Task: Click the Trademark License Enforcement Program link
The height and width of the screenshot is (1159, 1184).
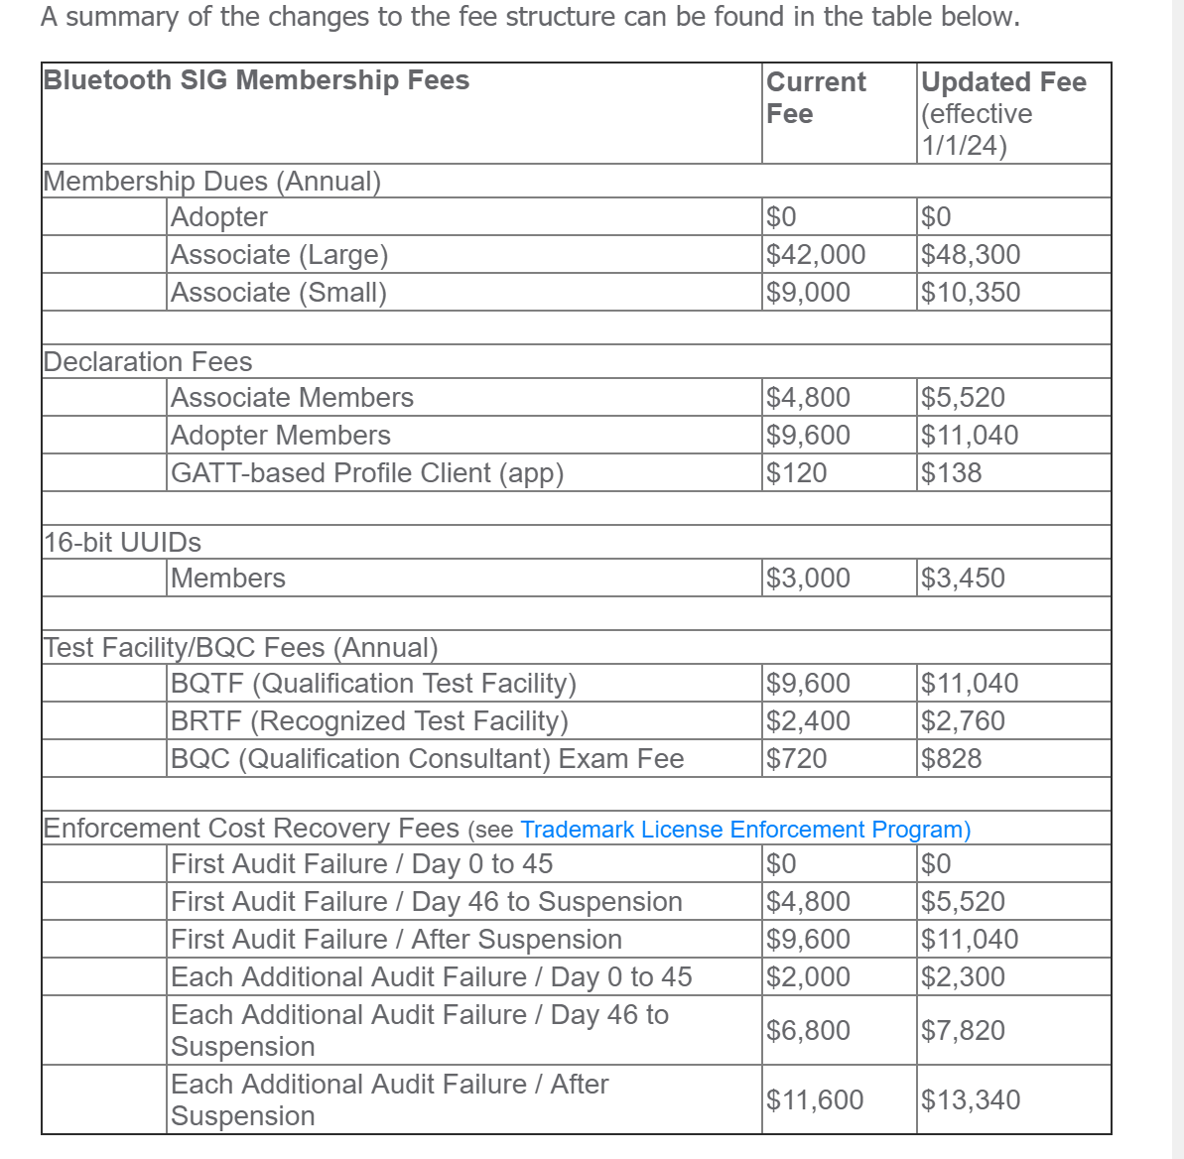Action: click(744, 830)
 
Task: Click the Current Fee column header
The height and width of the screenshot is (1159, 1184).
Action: click(816, 97)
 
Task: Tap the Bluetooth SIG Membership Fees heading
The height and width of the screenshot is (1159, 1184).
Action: click(256, 80)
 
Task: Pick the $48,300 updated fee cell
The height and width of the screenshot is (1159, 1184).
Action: click(971, 255)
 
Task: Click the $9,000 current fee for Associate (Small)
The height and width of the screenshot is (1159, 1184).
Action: click(808, 293)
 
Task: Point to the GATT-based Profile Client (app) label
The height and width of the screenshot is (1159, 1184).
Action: click(367, 473)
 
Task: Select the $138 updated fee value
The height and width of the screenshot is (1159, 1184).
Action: click(951, 473)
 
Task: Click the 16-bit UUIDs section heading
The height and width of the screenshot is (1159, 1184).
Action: click(122, 543)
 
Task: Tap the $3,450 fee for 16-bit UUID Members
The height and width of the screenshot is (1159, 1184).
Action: click(963, 579)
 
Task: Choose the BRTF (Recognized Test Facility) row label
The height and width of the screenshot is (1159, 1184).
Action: click(369, 721)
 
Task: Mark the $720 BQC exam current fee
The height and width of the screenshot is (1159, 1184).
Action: click(796, 759)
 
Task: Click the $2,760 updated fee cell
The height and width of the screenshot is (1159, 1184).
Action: click(963, 721)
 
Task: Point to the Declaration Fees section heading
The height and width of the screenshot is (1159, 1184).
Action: click(148, 362)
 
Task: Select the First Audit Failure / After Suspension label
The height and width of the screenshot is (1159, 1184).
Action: click(396, 940)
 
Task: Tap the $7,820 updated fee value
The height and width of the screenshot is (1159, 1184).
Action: click(963, 1031)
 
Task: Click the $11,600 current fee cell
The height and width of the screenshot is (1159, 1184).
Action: click(815, 1100)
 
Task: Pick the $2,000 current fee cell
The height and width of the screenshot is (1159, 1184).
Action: click(808, 977)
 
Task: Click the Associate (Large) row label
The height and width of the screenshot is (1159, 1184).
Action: click(279, 255)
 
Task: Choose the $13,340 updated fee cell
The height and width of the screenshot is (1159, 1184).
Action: click(971, 1100)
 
